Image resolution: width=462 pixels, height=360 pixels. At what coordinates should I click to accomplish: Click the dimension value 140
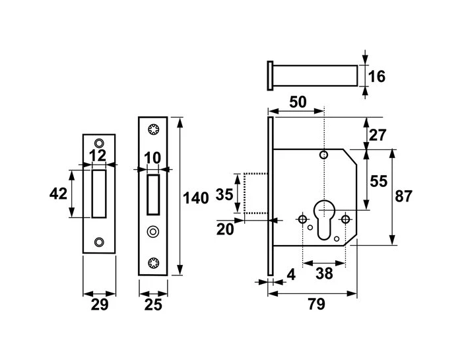pos(196,197)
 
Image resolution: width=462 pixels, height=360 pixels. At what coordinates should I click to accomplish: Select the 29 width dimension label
pos(98,305)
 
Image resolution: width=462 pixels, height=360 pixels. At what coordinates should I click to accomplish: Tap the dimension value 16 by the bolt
pos(376,76)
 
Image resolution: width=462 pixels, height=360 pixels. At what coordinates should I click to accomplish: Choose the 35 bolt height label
pos(225,194)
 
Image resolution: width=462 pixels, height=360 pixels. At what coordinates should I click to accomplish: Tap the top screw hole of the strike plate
pos(99,142)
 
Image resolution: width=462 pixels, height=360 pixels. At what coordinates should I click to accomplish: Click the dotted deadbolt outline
pos(255,193)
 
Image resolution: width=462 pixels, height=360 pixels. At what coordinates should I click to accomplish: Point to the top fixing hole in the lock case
pos(323,155)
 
